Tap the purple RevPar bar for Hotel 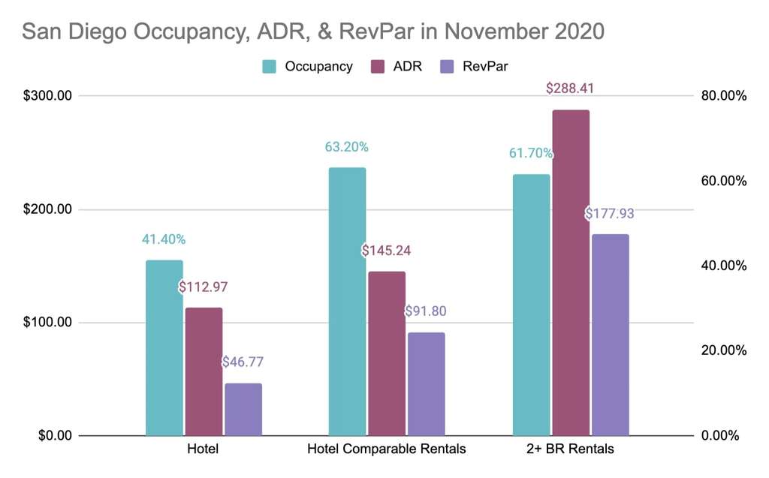243,409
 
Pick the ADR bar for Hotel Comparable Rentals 386,353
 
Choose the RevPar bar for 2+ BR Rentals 610,335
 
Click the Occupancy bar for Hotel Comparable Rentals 347,301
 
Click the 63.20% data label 346,147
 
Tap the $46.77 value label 243,362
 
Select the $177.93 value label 609,214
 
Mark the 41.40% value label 163,239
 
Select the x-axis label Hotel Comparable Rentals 386,449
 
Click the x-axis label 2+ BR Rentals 570,449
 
